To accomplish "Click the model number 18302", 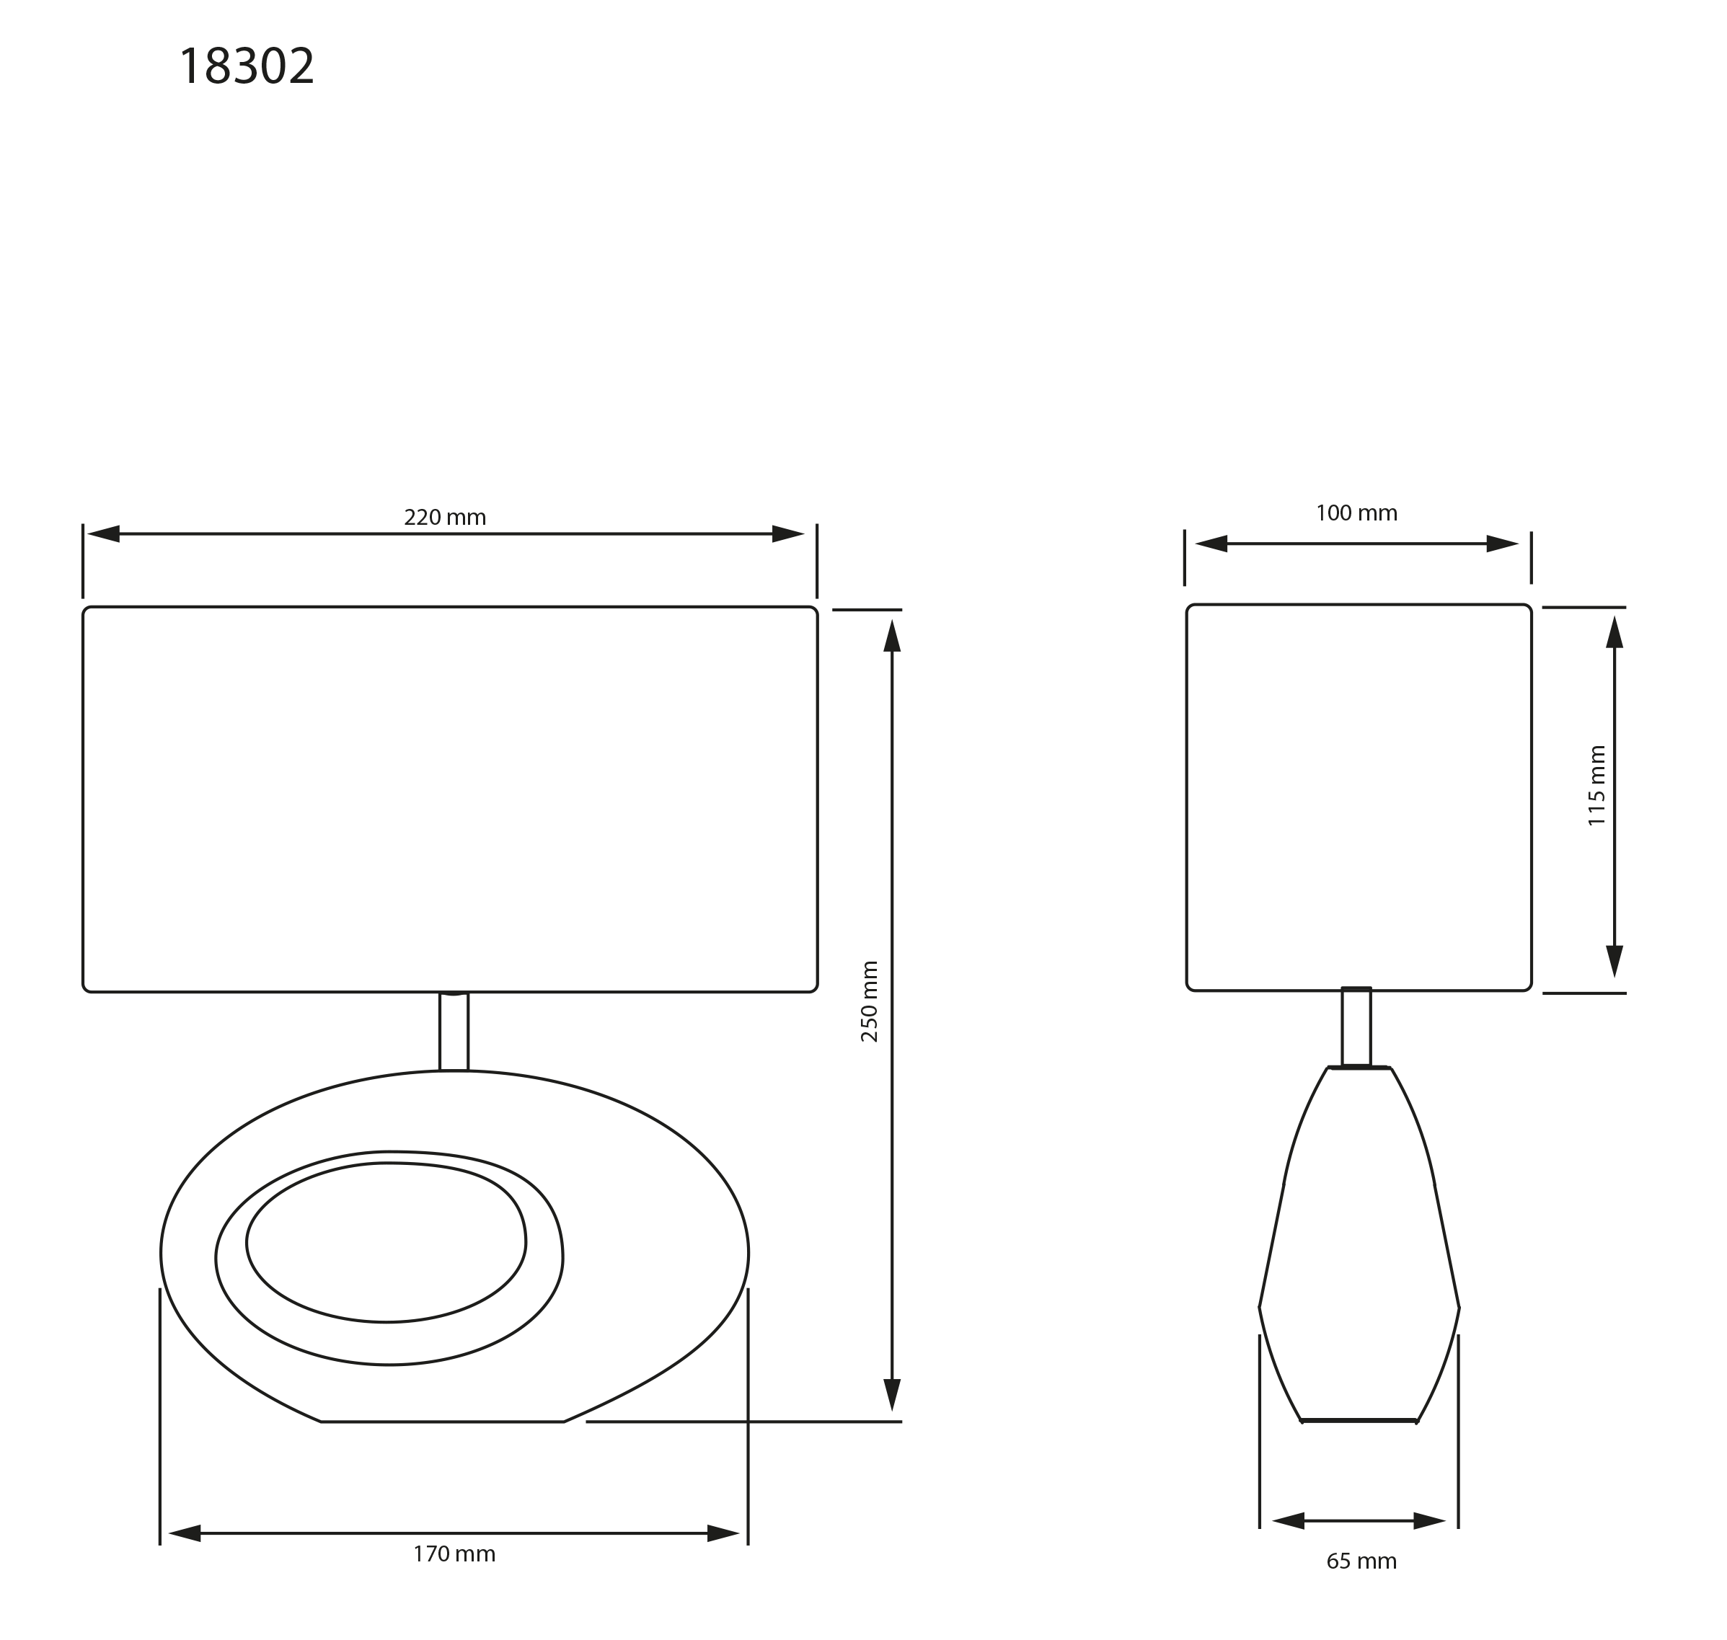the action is coord(246,66).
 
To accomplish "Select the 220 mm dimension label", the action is coord(444,518).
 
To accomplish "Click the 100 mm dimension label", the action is coord(1356,513).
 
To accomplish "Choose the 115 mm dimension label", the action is coord(1596,785).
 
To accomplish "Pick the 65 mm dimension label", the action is coord(1361,1561).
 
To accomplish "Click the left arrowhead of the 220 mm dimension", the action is coord(103,533).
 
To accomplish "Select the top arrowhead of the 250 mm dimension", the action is coord(892,636).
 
